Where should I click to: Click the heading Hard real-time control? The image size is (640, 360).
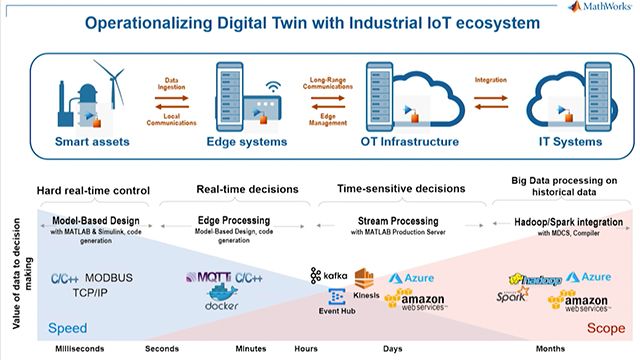point(92,191)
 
